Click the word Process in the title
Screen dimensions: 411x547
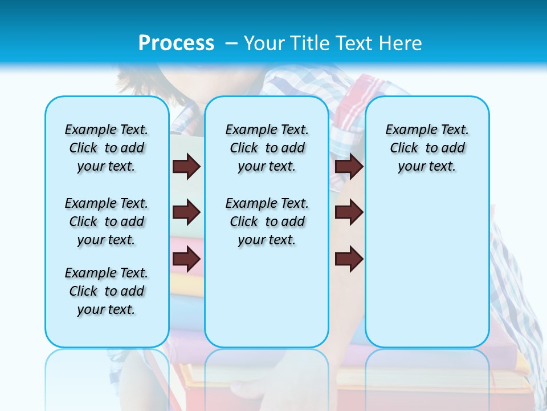click(176, 43)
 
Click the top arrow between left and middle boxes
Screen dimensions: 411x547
click(186, 166)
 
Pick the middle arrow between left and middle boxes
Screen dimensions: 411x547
click(186, 212)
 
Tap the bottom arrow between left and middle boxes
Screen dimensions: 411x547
click(186, 259)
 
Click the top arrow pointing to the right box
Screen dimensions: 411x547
click(349, 166)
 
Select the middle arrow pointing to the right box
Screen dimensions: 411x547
click(349, 212)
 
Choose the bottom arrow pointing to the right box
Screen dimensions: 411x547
click(349, 259)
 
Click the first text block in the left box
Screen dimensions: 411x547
click(107, 148)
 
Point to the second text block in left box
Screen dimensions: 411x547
click(107, 221)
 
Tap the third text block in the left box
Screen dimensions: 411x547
click(107, 291)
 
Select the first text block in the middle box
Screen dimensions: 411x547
click(267, 148)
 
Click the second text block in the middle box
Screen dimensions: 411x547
click(267, 221)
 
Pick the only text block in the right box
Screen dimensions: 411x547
click(427, 148)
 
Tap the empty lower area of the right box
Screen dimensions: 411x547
click(427, 268)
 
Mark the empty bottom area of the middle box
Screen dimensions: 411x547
click(267, 303)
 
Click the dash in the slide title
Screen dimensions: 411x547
click(232, 43)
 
